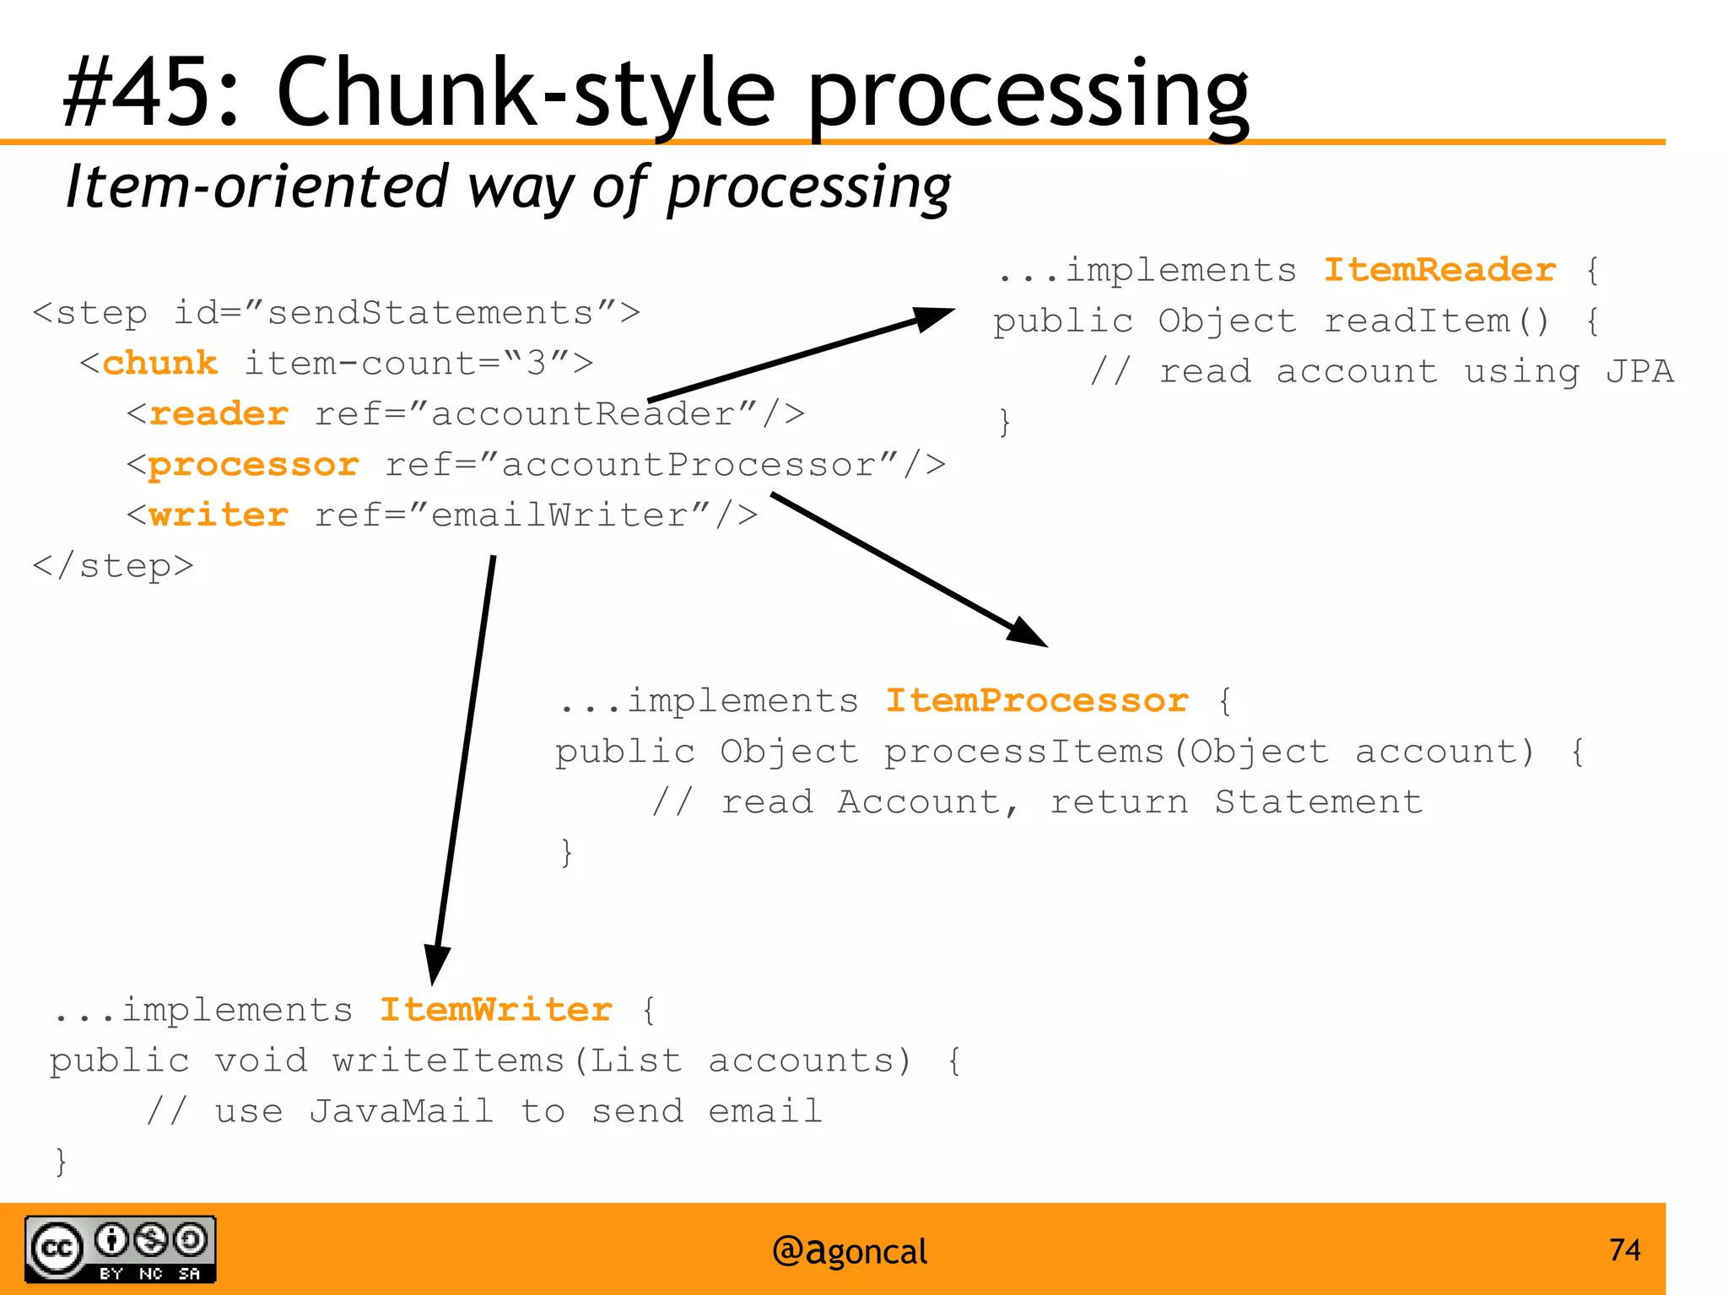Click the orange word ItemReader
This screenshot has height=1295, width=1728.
1439,270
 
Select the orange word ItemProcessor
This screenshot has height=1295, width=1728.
1036,701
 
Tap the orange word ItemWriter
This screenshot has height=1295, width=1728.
495,1010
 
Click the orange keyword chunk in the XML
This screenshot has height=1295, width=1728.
160,364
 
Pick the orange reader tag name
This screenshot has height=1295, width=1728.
219,414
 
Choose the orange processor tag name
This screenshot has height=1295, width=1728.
253,465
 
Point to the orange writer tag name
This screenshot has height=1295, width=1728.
219,515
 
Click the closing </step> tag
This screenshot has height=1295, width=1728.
113,566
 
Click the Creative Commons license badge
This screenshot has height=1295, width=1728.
120,1249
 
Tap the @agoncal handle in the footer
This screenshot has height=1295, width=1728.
849,1251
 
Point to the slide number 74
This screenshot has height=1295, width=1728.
1624,1249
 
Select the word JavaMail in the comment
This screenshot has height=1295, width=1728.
401,1111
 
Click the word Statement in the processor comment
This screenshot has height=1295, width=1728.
1318,802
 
